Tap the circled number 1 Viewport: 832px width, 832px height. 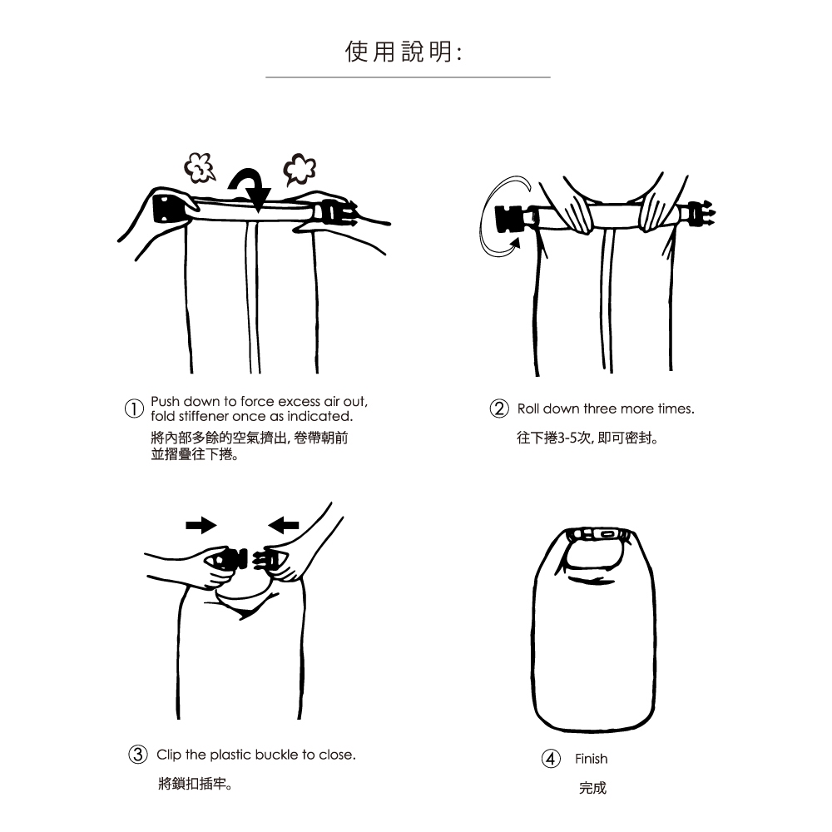pyautogui.click(x=134, y=409)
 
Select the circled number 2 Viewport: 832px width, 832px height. pyautogui.click(x=498, y=409)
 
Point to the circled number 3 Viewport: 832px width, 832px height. pyautogui.click(x=138, y=754)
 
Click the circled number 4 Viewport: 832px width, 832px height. pyautogui.click(x=551, y=759)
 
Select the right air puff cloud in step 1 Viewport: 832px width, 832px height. pyautogui.click(x=300, y=169)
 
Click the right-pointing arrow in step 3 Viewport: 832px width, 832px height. pyautogui.click(x=201, y=525)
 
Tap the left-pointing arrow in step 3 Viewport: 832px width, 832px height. pyautogui.click(x=284, y=525)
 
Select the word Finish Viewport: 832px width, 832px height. pyautogui.click(x=591, y=759)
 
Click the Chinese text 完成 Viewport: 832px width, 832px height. pyautogui.click(x=592, y=788)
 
